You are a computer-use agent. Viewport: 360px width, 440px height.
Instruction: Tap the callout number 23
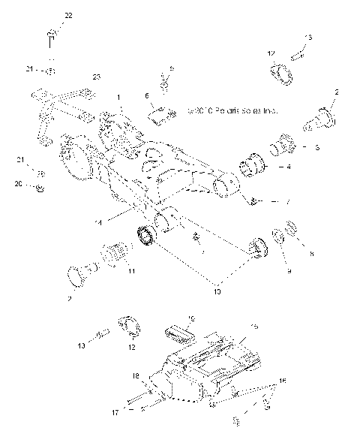point(97,77)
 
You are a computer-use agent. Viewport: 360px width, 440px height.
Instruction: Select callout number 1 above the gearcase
point(118,98)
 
